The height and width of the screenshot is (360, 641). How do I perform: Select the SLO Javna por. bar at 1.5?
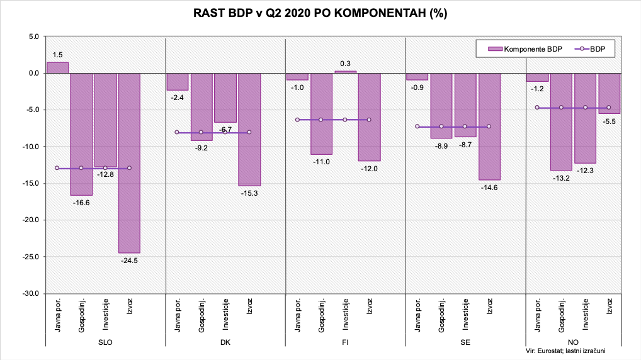[x=57, y=67]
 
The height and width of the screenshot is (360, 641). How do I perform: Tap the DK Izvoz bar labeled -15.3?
[x=249, y=129]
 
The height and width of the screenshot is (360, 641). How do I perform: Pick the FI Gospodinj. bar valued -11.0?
[x=320, y=113]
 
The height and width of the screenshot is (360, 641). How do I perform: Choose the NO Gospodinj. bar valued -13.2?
[x=561, y=121]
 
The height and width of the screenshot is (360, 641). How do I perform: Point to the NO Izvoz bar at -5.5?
[x=609, y=93]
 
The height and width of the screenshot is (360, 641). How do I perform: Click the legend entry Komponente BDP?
[x=519, y=47]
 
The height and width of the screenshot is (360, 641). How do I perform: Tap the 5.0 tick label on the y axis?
[x=33, y=37]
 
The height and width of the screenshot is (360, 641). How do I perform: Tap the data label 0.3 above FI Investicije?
[x=345, y=64]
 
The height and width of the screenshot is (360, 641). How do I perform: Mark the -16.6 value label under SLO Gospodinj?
[x=81, y=203]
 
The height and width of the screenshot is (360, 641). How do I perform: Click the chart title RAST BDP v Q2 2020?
[x=320, y=14]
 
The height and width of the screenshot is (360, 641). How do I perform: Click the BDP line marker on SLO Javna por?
[x=57, y=168]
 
